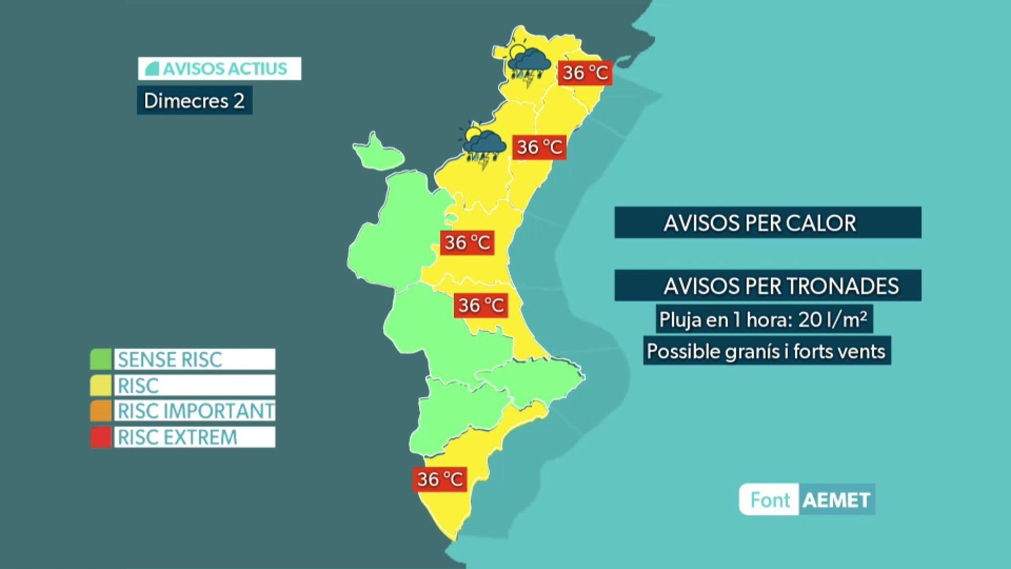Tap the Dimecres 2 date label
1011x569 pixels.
coord(194,101)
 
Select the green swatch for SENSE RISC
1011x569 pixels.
coord(100,359)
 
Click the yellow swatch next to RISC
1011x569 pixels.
coord(100,385)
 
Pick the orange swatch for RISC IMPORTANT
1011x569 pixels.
coord(100,411)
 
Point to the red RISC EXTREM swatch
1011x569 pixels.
coord(100,437)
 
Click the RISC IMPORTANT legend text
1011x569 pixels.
coord(195,411)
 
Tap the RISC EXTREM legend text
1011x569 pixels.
coord(178,437)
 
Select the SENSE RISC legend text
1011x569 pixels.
coord(170,359)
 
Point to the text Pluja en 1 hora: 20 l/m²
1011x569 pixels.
coord(763,319)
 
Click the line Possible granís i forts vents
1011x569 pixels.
coord(766,351)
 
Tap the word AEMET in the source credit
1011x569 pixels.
coord(836,500)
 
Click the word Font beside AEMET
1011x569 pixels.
coord(770,500)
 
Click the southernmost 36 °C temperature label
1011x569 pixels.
coord(440,479)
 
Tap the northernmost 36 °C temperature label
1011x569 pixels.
coord(585,73)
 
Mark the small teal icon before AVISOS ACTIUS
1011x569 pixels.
coord(152,69)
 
